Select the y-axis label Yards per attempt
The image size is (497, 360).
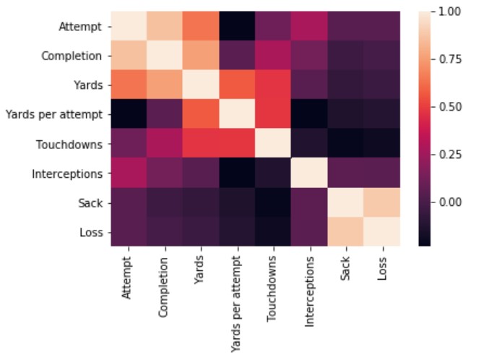tap(56, 114)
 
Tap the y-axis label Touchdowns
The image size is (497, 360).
tap(72, 144)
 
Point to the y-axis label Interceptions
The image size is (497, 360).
tap(71, 173)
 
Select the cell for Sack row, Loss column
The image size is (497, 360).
tap(381, 202)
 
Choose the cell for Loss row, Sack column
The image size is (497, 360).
tap(346, 231)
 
